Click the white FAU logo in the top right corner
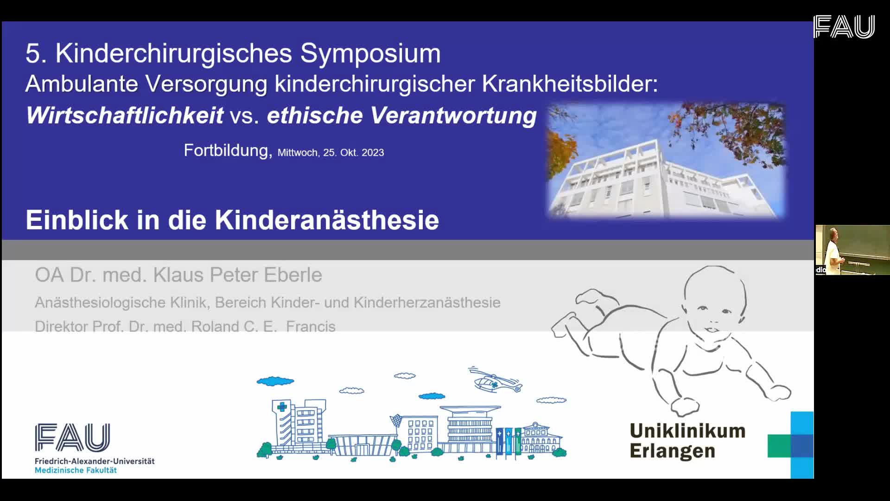pyautogui.click(x=844, y=26)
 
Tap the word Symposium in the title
pyautogui.click(x=370, y=53)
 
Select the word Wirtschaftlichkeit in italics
pyautogui.click(x=125, y=116)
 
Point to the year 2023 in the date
pyautogui.click(x=373, y=153)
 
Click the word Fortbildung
pyautogui.click(x=226, y=150)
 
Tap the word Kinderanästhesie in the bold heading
pyautogui.click(x=327, y=220)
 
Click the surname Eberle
pyautogui.click(x=292, y=275)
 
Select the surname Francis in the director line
pyautogui.click(x=311, y=326)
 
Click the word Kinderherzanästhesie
pyautogui.click(x=427, y=302)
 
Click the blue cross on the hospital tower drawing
pyautogui.click(x=282, y=407)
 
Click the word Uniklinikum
pyautogui.click(x=687, y=431)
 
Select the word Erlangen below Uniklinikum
pyautogui.click(x=672, y=451)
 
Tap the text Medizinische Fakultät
pyautogui.click(x=76, y=470)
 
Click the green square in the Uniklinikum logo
pyautogui.click(x=779, y=446)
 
